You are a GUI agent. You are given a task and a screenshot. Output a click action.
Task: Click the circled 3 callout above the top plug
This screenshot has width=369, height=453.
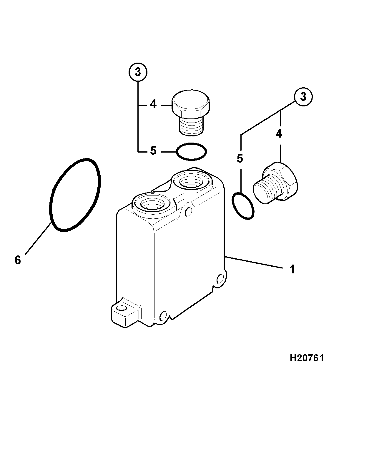point(138,72)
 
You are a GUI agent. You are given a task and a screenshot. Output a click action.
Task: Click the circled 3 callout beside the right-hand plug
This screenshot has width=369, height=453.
point(303,97)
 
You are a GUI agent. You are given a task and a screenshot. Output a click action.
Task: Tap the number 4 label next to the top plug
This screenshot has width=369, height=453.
point(153,104)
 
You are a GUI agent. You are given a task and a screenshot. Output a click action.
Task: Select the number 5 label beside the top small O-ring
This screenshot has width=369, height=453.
point(153,151)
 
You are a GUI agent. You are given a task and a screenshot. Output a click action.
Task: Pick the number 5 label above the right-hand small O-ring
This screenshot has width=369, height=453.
point(240,158)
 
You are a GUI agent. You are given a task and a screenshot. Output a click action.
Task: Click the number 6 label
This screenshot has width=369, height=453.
point(18,260)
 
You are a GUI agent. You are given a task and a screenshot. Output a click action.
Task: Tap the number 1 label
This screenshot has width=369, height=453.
point(292,269)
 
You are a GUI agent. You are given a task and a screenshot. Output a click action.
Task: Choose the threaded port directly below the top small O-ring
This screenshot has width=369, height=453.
point(192,181)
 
